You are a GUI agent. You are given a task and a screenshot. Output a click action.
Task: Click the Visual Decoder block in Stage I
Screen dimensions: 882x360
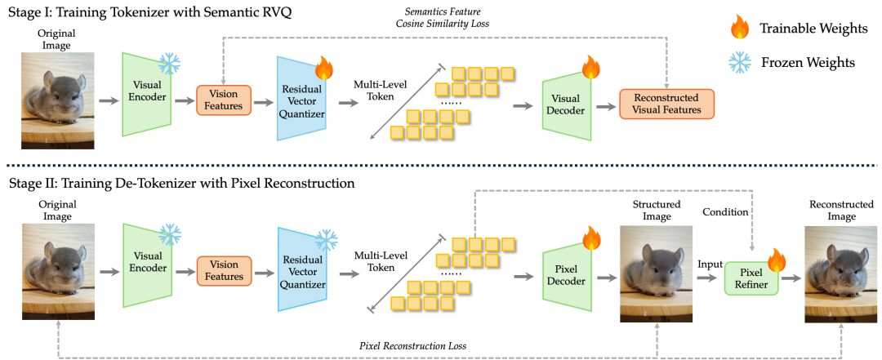pos(567,103)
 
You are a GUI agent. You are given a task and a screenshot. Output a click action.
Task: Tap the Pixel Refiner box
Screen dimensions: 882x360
pos(751,278)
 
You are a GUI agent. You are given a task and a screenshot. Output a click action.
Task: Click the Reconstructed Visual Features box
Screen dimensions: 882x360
pos(666,104)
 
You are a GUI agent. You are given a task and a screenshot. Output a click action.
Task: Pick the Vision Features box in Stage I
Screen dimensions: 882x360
pos(223,100)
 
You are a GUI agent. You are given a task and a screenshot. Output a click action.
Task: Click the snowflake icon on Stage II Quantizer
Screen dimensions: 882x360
pos(325,240)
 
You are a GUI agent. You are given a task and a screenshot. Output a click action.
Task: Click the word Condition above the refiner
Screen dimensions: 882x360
pos(726,211)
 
